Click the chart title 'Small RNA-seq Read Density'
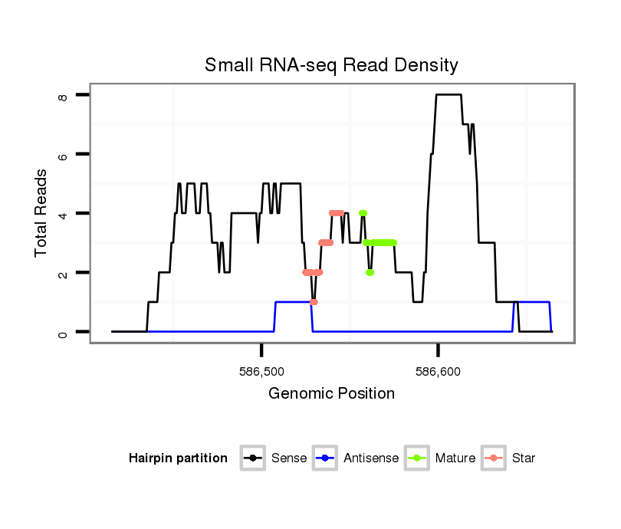click(331, 65)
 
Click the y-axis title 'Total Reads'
click(42, 213)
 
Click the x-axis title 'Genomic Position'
click(331, 394)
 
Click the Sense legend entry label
click(289, 458)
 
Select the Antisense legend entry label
click(371, 458)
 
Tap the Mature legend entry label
click(455, 458)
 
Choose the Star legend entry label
click(524, 458)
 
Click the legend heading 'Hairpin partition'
click(179, 458)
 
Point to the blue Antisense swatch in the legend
click(326, 458)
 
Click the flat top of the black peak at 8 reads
click(449, 95)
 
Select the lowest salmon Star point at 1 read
click(314, 302)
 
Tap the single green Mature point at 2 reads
click(370, 272)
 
